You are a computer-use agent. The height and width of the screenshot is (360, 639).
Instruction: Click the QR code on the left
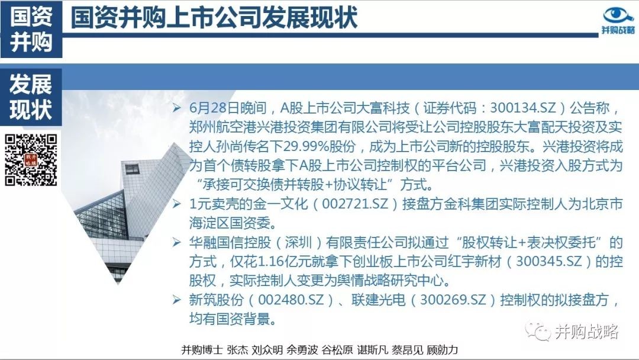(x=31, y=160)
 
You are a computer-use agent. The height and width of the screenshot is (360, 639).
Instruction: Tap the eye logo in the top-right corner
(x=618, y=15)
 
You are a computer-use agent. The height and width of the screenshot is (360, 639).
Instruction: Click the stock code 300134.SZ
(x=523, y=108)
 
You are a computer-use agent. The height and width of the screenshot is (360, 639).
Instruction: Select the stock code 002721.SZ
(x=355, y=204)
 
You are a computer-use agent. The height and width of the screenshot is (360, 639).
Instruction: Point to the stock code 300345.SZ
(x=549, y=261)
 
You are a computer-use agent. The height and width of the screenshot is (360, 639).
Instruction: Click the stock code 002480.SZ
(x=291, y=300)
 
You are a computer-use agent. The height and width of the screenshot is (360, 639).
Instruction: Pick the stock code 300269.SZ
(x=453, y=300)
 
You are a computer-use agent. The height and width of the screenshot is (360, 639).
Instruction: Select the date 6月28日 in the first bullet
(x=214, y=108)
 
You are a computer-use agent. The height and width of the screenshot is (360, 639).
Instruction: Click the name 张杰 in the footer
(x=237, y=350)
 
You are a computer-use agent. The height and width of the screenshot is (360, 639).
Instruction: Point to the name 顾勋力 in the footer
(x=443, y=350)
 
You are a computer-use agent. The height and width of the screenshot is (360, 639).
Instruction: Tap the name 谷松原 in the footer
(x=337, y=350)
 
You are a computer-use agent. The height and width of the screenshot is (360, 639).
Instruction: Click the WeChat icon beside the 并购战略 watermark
(x=538, y=331)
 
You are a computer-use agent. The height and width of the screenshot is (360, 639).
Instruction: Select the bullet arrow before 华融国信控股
(x=176, y=242)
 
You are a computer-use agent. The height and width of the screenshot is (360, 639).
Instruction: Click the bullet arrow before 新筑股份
(x=176, y=300)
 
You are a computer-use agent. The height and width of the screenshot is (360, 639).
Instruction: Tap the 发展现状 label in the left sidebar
(x=31, y=97)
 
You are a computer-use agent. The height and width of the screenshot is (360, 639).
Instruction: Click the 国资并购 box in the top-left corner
(x=31, y=30)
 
